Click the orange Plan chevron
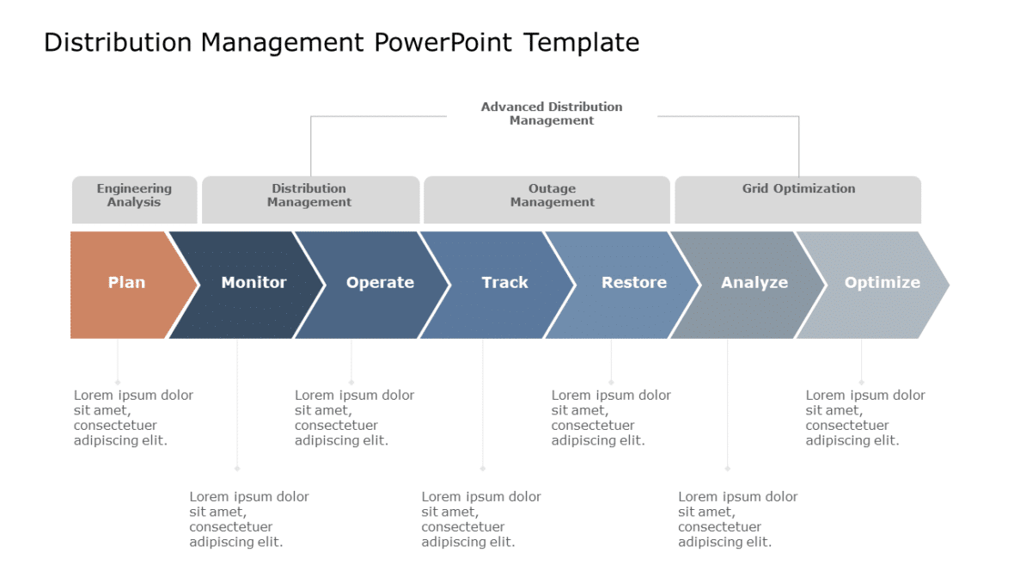(126, 284)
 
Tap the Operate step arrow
(380, 284)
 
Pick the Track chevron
(504, 284)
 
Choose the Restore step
(633, 284)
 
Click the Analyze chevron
(754, 284)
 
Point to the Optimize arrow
(882, 284)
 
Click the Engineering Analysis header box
(134, 199)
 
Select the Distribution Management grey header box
(309, 199)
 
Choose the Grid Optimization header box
(798, 199)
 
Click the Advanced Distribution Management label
(552, 114)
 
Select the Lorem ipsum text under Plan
(133, 418)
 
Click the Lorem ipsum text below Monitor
(249, 519)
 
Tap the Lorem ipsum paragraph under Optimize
(865, 418)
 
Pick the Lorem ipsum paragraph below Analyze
(737, 519)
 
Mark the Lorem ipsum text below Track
(481, 519)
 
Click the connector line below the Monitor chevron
(237, 404)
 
